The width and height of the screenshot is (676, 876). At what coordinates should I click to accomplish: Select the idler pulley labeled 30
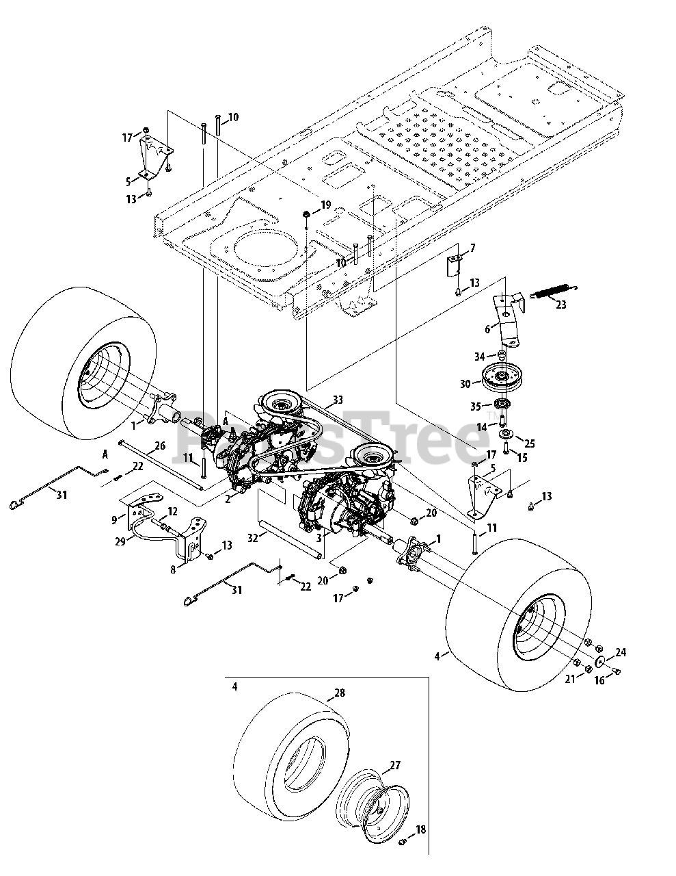pyautogui.click(x=502, y=376)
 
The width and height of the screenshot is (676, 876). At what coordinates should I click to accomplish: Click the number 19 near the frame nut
pyautogui.click(x=325, y=205)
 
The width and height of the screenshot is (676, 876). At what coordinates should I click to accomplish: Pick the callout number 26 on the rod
pyautogui.click(x=159, y=446)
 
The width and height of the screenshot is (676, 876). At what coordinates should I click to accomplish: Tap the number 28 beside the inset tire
pyautogui.click(x=340, y=693)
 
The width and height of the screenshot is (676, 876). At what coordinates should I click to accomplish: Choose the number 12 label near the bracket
pyautogui.click(x=172, y=511)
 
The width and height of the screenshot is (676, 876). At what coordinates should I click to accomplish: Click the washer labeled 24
pyautogui.click(x=599, y=661)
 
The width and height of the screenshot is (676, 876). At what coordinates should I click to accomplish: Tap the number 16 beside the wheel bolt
pyautogui.click(x=599, y=682)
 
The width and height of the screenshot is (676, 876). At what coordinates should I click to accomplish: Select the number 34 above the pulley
pyautogui.click(x=480, y=357)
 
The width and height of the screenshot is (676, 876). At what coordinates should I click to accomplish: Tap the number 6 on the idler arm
pyautogui.click(x=488, y=329)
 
